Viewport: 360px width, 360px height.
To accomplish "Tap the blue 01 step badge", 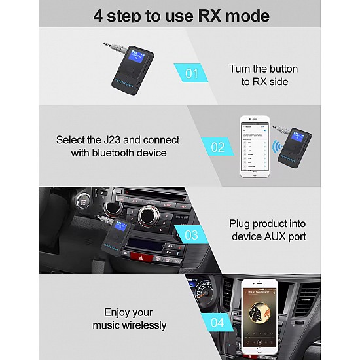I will (x=191, y=73).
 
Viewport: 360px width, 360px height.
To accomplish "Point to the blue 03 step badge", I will (x=191, y=234).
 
